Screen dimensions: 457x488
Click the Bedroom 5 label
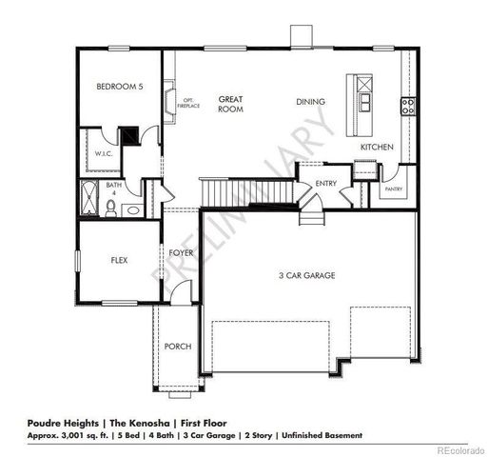tap(120, 87)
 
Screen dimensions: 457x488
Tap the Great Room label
tap(230, 103)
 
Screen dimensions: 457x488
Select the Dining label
tap(311, 102)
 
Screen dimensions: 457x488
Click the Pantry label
tap(394, 189)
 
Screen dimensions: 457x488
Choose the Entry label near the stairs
tap(326, 184)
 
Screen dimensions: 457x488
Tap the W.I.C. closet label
tap(104, 154)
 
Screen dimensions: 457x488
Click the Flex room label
tap(120, 259)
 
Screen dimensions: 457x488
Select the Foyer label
tap(182, 252)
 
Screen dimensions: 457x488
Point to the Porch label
tap(177, 346)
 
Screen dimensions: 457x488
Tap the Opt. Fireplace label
tap(188, 103)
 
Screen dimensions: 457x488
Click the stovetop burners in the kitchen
tap(408, 107)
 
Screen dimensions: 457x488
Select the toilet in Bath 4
tap(112, 208)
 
